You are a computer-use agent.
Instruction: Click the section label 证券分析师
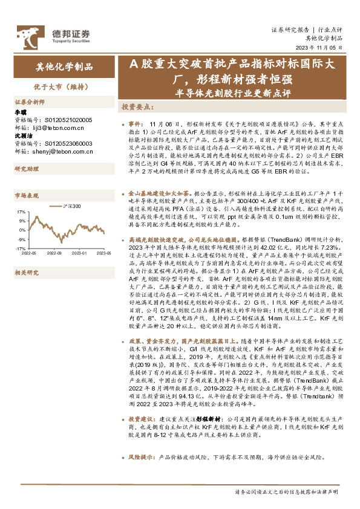(x=30, y=102)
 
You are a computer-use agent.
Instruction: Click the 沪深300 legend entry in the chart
(x=73, y=207)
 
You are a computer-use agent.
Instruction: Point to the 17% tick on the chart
(x=21, y=212)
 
